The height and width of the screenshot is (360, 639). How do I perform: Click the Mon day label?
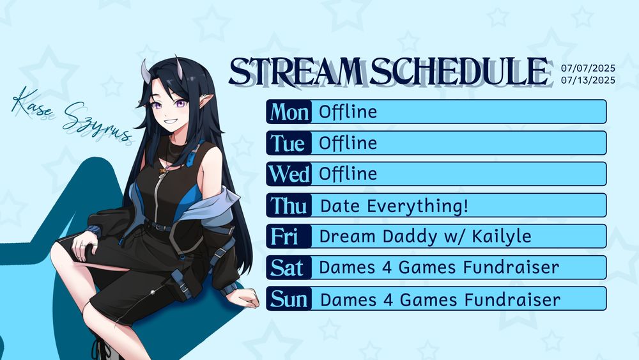(289, 112)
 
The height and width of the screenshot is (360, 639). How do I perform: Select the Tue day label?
(288, 143)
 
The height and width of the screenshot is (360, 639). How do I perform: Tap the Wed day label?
(289, 174)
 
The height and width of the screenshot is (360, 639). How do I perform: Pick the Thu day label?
(289, 205)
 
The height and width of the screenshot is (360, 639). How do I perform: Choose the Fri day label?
(284, 237)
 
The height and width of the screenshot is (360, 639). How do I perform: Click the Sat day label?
(287, 268)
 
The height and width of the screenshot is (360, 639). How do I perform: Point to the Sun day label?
(289, 299)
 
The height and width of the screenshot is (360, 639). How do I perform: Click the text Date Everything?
(394, 206)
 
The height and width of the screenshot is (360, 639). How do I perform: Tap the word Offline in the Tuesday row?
(348, 143)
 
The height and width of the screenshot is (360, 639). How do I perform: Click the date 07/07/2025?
(588, 68)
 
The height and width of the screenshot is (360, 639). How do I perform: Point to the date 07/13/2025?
(588, 80)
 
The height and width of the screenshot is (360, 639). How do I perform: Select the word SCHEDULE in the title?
(458, 72)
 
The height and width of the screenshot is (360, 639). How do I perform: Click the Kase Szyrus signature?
(72, 115)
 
